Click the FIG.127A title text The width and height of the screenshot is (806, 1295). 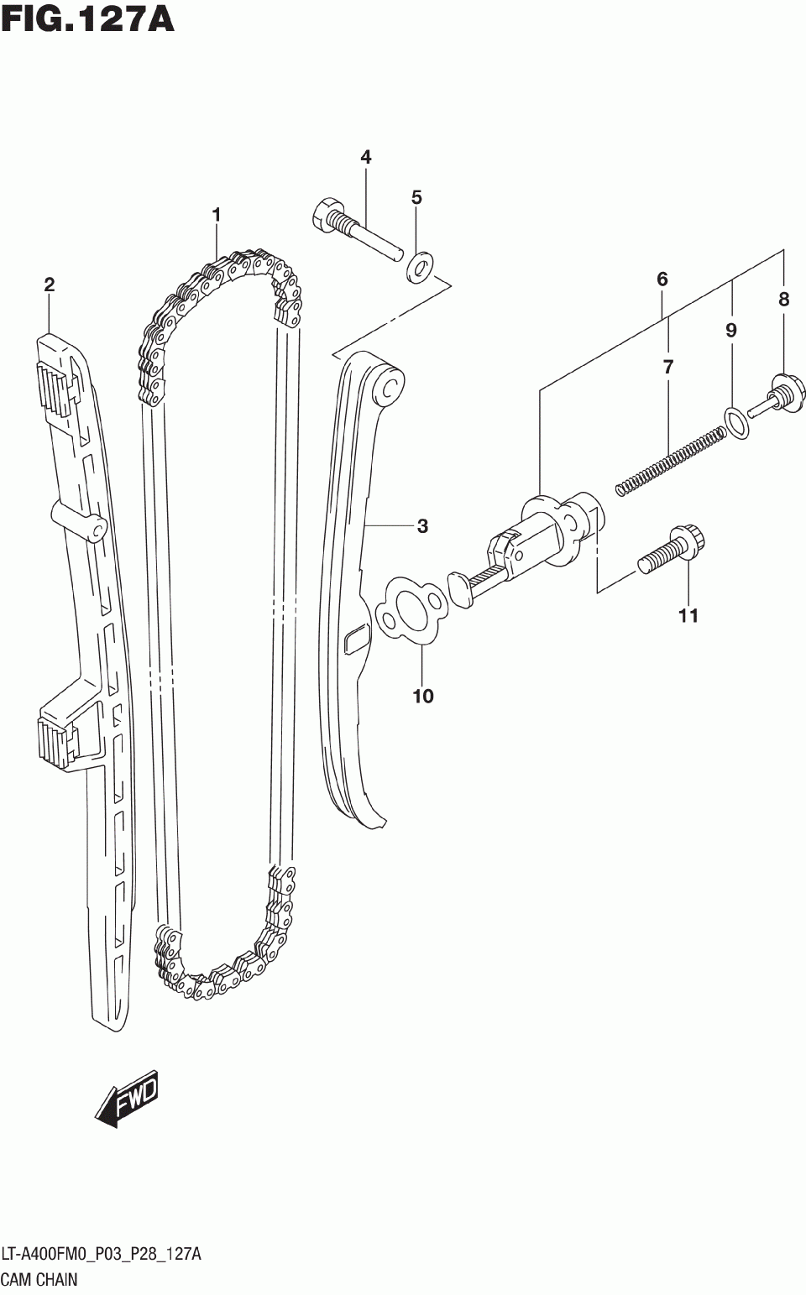[87, 19]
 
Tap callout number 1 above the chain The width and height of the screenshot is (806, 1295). [216, 216]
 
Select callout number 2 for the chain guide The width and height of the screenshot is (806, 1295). [50, 285]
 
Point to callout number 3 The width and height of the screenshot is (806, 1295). [422, 526]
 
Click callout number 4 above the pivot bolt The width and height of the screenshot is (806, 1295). [366, 157]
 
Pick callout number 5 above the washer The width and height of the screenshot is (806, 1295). [416, 198]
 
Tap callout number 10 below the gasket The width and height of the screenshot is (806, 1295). [423, 696]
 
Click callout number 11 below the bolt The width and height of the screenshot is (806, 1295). [688, 616]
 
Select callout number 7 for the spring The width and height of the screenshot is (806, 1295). [668, 367]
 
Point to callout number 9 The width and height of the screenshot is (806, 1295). [731, 331]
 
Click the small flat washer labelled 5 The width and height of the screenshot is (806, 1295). [418, 268]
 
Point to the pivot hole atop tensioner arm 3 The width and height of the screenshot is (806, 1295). [390, 387]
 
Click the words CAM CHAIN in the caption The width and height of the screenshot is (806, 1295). [39, 1280]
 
